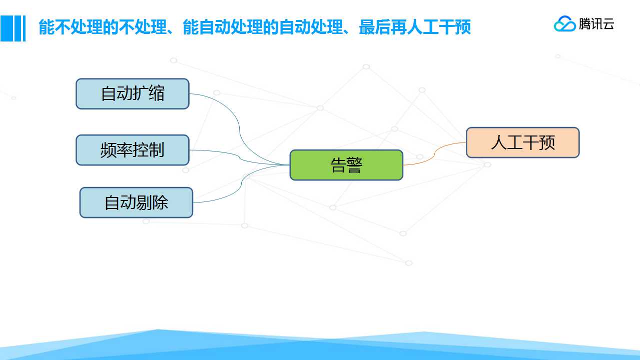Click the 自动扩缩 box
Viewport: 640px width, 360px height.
(x=133, y=93)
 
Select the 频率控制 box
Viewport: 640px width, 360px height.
(x=133, y=150)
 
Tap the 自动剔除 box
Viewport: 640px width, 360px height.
(x=136, y=202)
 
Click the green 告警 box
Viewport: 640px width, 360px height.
(x=346, y=165)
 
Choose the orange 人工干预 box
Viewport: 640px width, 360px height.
(x=523, y=142)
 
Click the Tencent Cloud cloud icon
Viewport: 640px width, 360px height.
(x=565, y=23)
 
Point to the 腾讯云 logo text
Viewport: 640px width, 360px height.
(x=596, y=24)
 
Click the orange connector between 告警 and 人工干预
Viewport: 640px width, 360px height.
(x=434, y=154)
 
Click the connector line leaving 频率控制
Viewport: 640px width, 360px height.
(x=239, y=156)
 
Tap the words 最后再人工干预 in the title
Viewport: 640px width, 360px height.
(x=414, y=27)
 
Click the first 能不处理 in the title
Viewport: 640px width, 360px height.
(x=70, y=27)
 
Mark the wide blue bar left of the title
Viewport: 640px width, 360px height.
(x=7, y=28)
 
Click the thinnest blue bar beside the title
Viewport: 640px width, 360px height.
(x=25, y=28)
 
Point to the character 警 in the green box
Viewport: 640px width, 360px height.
(x=355, y=165)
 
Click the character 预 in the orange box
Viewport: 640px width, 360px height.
(x=547, y=142)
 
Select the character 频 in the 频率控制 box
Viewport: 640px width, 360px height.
(x=108, y=150)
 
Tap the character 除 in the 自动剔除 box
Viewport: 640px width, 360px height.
(x=160, y=202)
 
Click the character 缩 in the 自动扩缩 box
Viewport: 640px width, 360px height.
(x=157, y=93)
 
